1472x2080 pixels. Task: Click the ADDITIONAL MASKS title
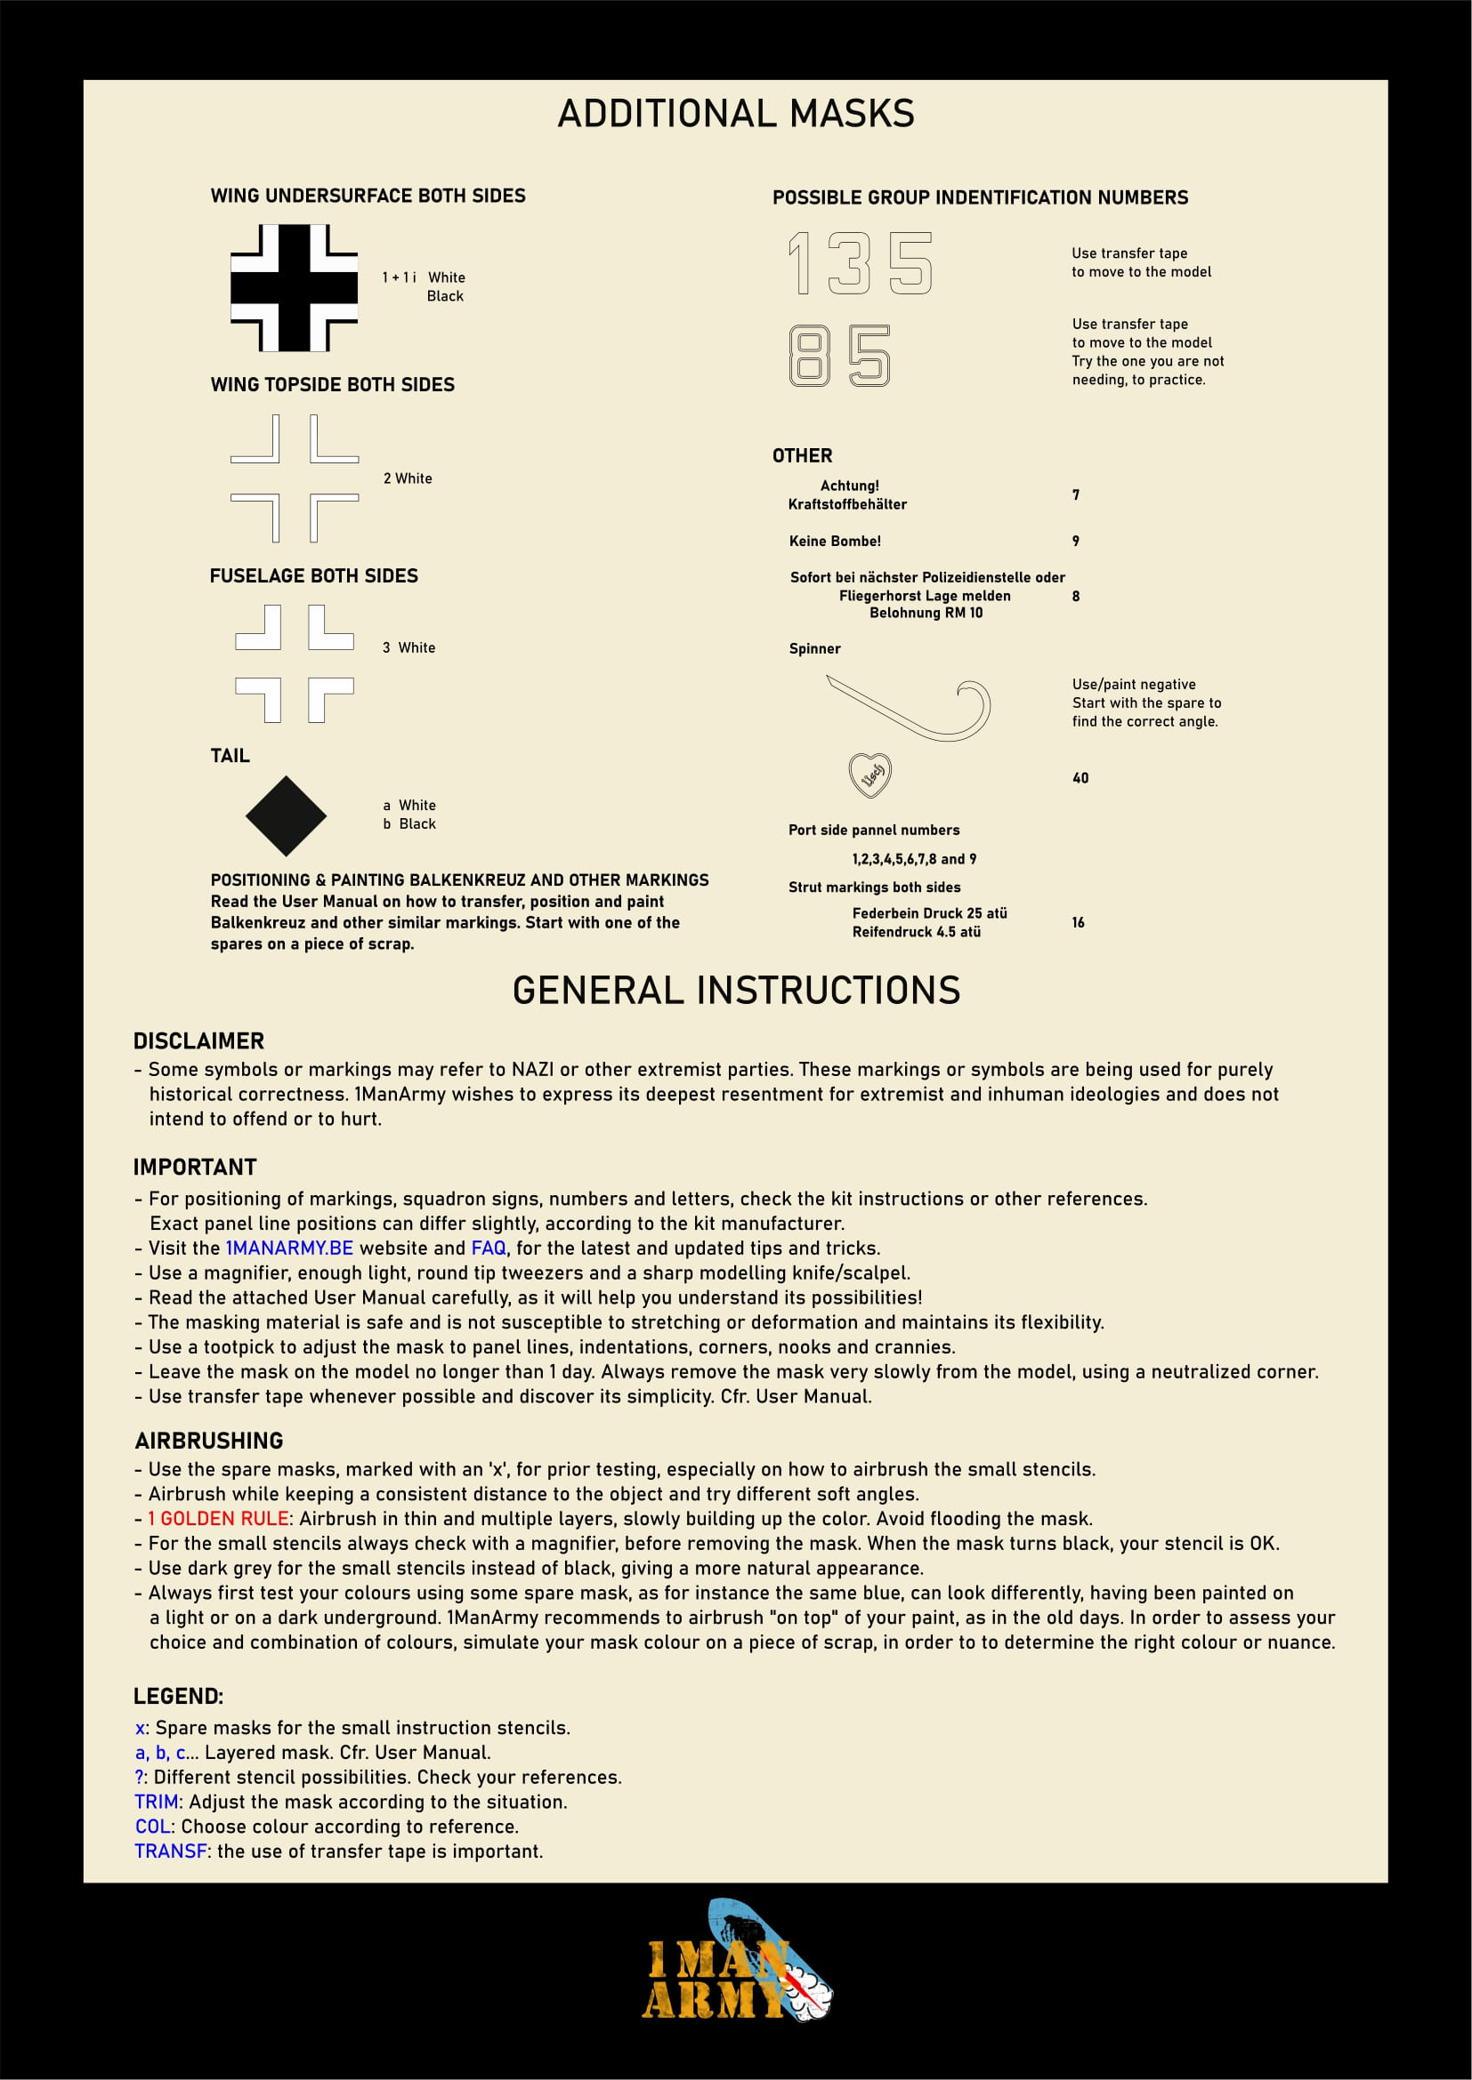[x=735, y=114]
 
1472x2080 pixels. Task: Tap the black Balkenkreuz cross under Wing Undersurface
[x=294, y=288]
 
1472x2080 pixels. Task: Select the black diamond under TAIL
[x=286, y=816]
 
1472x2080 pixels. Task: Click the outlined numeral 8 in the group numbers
[x=808, y=356]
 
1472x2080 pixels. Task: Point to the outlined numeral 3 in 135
[x=849, y=263]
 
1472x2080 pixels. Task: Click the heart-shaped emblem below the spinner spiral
[x=870, y=775]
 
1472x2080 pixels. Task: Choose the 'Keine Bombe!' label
[x=835, y=542]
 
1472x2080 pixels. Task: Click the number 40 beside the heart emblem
[x=1080, y=778]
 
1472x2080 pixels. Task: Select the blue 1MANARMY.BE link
[x=289, y=1248]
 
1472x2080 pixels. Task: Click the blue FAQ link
[x=489, y=1248]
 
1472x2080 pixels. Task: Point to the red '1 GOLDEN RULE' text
[x=218, y=1518]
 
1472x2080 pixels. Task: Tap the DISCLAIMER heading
[x=198, y=1041]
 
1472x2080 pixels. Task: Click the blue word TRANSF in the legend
[x=170, y=1851]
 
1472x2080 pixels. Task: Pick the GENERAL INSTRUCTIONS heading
[x=736, y=990]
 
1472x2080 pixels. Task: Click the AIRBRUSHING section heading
[x=209, y=1441]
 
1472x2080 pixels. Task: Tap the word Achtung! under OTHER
[x=849, y=486]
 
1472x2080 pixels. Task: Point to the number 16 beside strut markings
[x=1078, y=922]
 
